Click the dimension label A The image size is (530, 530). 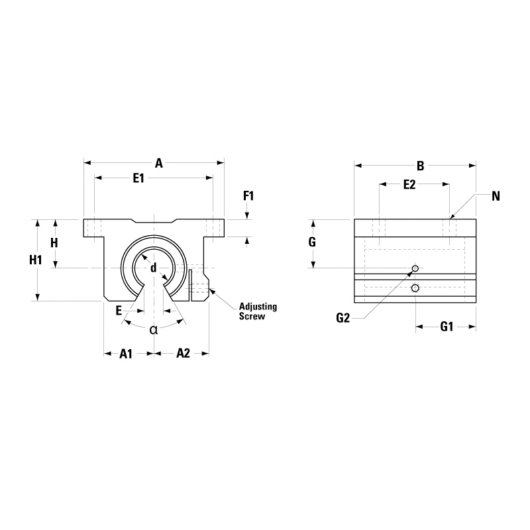point(159,164)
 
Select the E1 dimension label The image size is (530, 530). point(138,178)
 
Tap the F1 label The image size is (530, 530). point(248,195)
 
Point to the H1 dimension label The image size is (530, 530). point(36,260)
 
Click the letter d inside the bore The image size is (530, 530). point(154,268)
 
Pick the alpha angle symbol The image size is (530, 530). point(154,329)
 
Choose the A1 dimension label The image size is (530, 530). point(126,354)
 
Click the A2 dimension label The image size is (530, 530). point(184,353)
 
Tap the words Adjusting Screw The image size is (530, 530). point(258,311)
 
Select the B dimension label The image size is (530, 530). point(420,166)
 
